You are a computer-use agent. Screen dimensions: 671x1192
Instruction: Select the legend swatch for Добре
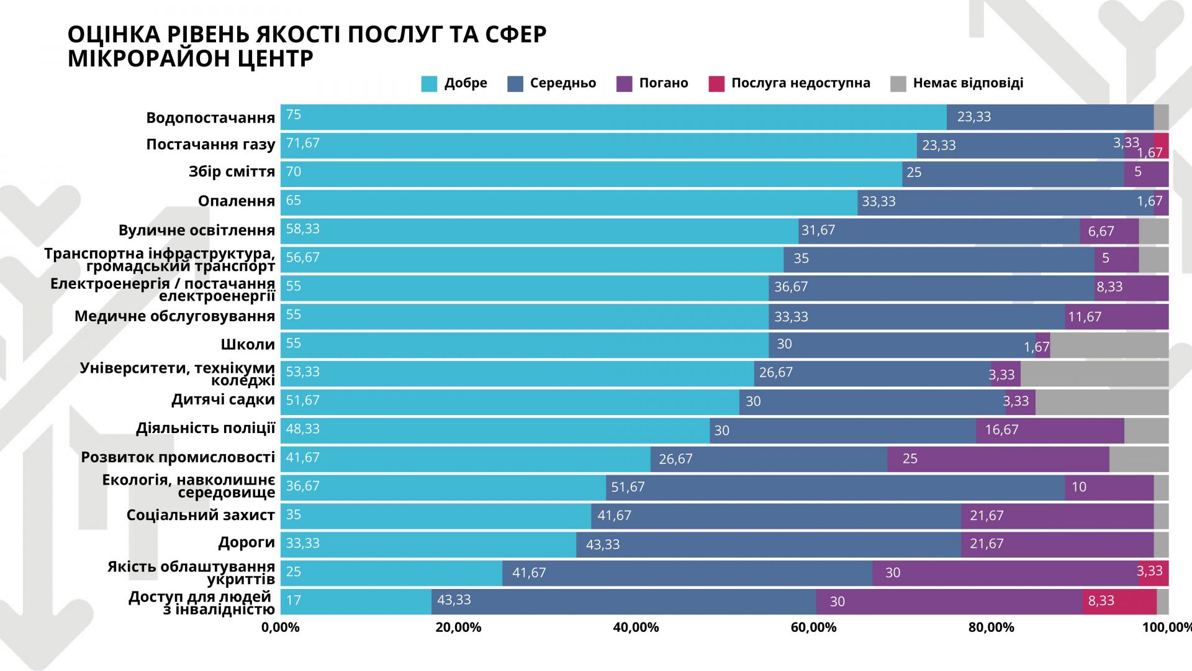click(429, 84)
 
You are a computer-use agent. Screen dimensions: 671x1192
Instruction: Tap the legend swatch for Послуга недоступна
click(716, 84)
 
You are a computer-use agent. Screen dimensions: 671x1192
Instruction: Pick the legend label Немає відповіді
click(968, 83)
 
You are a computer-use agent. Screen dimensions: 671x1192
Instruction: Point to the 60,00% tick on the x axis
click(813, 628)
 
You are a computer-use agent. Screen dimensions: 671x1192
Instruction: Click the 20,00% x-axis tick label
click(458, 628)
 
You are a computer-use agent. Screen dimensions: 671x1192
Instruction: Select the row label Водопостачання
click(210, 118)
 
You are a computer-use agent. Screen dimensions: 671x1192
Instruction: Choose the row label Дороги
click(246, 542)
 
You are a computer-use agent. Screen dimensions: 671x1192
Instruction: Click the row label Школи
click(248, 345)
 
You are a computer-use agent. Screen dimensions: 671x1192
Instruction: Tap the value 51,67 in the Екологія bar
click(628, 487)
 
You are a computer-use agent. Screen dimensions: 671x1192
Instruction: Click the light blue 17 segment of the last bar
click(356, 601)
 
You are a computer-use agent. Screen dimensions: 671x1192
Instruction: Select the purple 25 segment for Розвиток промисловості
click(998, 459)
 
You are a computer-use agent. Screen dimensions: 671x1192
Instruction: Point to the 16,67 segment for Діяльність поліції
click(1049, 431)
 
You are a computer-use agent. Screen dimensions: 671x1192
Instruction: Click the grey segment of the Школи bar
click(1109, 345)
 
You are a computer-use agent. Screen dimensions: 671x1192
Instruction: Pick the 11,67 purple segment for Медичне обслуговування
click(1116, 317)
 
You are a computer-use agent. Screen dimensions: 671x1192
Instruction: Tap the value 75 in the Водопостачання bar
click(294, 115)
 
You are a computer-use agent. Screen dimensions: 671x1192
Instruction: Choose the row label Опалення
click(237, 201)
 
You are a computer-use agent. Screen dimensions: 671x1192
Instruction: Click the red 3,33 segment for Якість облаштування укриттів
click(1154, 572)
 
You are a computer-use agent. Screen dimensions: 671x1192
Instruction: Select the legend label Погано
click(664, 83)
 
